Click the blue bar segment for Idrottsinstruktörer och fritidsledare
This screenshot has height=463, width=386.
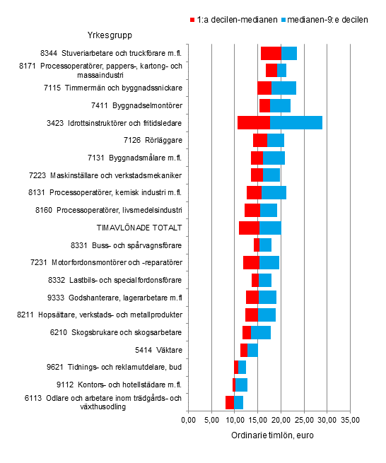[296, 122]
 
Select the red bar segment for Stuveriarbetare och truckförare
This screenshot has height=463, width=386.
[271, 53]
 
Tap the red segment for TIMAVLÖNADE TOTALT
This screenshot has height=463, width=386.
[249, 227]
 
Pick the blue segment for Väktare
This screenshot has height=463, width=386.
[252, 350]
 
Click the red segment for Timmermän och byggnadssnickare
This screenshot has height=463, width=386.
[264, 88]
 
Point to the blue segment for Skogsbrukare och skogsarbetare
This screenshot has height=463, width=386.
[261, 332]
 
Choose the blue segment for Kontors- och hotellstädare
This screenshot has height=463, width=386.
[241, 385]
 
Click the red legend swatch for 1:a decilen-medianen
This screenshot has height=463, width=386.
[193, 20]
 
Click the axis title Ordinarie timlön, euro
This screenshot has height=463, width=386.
[271, 435]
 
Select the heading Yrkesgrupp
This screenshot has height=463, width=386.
[107, 35]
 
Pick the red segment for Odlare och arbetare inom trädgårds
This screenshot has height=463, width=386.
[230, 402]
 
